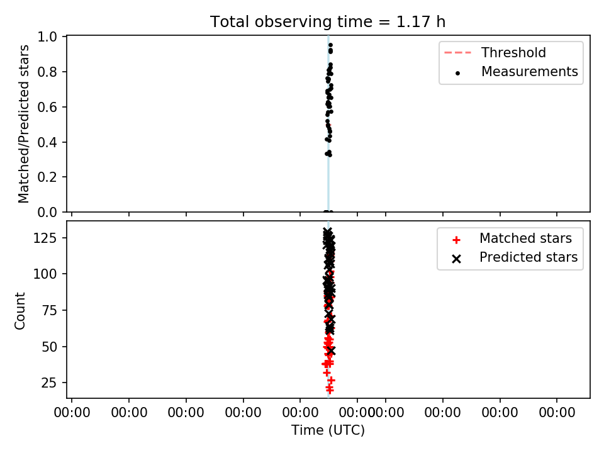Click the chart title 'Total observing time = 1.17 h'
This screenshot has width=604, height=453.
(x=328, y=21)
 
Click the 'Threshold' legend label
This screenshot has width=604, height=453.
(x=513, y=52)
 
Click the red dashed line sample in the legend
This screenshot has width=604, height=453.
(x=457, y=52)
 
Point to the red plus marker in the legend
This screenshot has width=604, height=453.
(x=457, y=240)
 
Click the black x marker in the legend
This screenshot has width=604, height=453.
(x=457, y=259)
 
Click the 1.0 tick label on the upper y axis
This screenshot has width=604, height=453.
(x=47, y=36)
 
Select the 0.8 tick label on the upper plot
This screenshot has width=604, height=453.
(x=47, y=72)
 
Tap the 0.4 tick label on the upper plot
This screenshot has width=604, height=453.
(x=47, y=142)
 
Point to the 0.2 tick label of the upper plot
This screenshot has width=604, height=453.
(x=47, y=177)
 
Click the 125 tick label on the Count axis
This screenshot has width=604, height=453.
(x=45, y=238)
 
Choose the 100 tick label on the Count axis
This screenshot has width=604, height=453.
(x=45, y=274)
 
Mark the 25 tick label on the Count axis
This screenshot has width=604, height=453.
(x=49, y=383)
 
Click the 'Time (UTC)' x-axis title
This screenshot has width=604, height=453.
(x=328, y=430)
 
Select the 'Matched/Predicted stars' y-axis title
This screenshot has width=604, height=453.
(x=24, y=124)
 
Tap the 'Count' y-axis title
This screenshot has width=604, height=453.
(x=20, y=310)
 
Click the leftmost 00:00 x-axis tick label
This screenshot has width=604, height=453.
(x=72, y=413)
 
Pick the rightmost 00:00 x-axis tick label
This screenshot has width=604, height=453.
(x=557, y=413)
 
